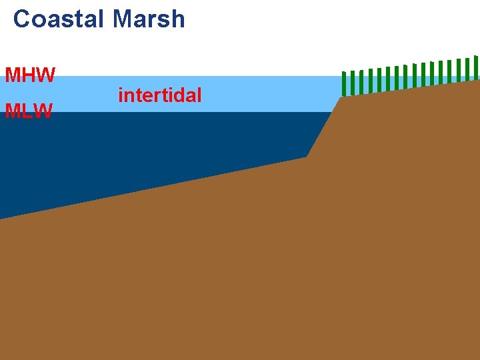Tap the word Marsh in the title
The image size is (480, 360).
click(149, 19)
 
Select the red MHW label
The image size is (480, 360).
click(30, 75)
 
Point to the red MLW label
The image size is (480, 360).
click(29, 111)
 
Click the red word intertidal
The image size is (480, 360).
click(159, 95)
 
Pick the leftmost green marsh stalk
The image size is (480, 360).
click(344, 83)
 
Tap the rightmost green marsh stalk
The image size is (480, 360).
click(476, 67)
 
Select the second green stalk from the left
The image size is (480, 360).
click(353, 83)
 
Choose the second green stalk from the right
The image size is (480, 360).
click(467, 69)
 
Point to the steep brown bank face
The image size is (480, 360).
click(325, 127)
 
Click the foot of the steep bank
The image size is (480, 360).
click(307, 157)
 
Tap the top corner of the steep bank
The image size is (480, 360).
click(342, 97)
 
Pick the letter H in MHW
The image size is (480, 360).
click(29, 75)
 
